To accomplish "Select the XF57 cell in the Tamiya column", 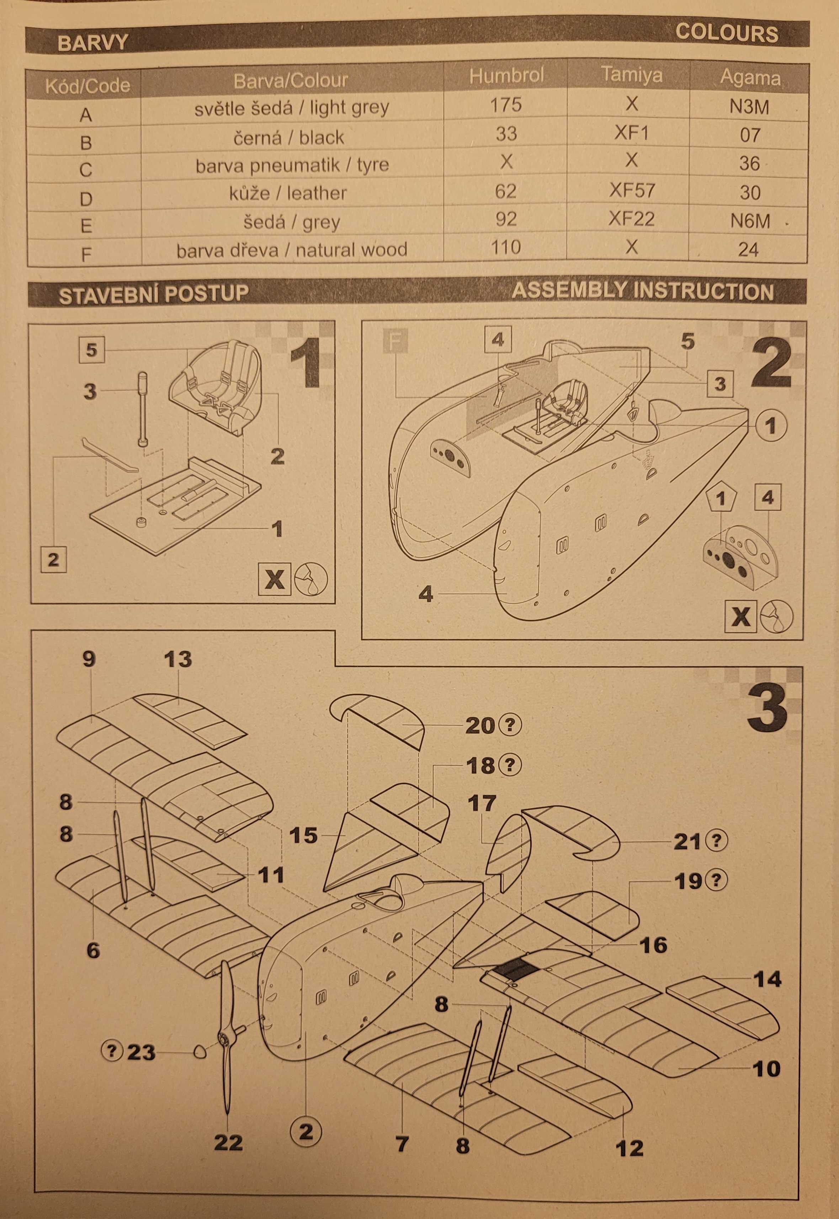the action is click(632, 190).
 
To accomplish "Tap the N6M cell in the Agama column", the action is click(750, 221).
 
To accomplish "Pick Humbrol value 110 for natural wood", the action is click(506, 247).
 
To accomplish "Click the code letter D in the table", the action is click(86, 199).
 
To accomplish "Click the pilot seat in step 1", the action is click(216, 386).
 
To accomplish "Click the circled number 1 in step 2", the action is click(771, 426).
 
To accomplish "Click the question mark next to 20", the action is click(510, 726).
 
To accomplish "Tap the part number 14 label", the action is click(768, 979).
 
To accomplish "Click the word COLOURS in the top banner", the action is click(727, 33).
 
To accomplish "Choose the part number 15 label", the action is click(303, 835).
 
